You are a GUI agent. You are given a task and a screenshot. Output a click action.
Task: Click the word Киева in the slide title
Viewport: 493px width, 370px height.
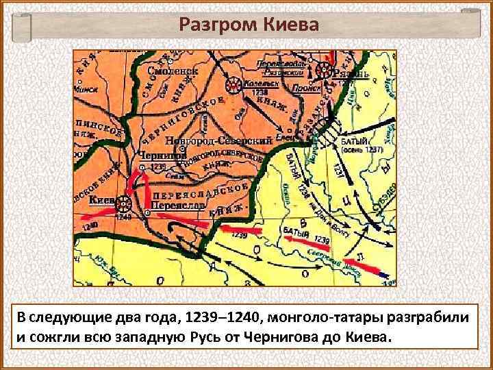[288, 25]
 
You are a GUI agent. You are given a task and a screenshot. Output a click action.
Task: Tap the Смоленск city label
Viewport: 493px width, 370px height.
[176, 70]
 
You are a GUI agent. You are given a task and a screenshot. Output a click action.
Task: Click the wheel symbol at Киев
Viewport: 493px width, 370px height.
[123, 203]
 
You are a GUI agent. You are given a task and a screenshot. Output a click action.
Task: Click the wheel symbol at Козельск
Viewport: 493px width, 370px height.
[235, 85]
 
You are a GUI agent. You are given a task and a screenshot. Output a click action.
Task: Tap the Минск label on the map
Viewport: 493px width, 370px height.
[90, 88]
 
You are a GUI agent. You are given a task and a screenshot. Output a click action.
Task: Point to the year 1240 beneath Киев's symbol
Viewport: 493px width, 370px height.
[123, 217]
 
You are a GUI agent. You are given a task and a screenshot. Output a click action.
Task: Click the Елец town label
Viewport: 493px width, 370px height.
[287, 136]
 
